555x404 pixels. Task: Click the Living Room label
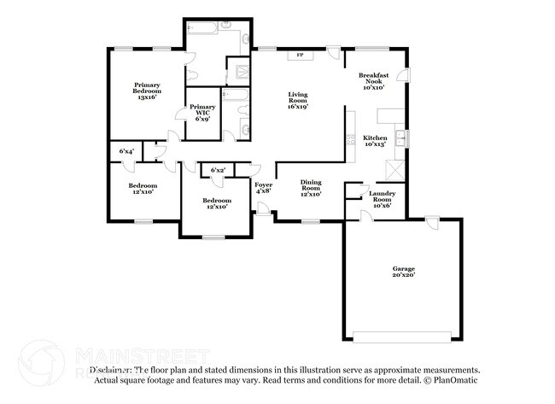(297, 100)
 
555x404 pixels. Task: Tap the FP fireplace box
(300, 56)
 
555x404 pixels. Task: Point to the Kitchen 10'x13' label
(375, 141)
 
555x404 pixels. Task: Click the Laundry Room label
(382, 197)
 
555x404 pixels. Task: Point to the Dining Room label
(311, 187)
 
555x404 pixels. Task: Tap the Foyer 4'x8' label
(263, 188)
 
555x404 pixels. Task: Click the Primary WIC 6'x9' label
(202, 111)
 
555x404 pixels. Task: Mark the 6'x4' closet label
(126, 151)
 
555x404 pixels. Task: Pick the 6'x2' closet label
(219, 171)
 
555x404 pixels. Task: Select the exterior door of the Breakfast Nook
(404, 76)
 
